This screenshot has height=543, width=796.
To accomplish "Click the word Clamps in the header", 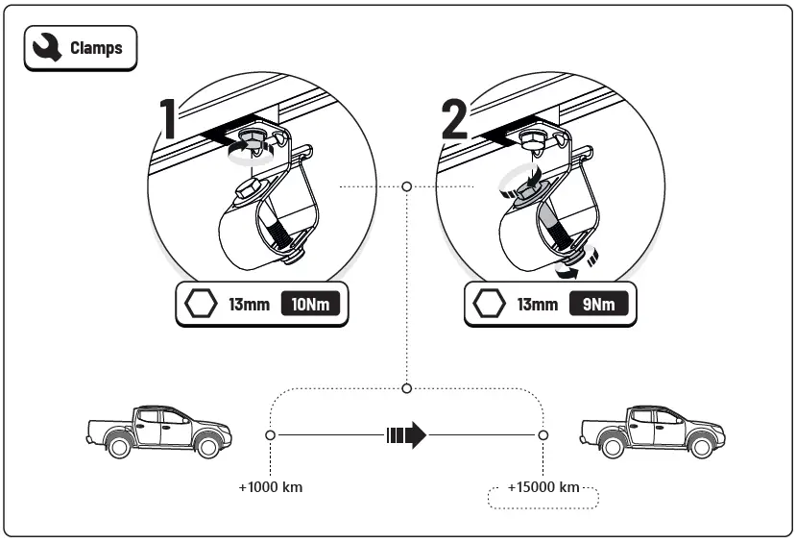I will pos(96,47).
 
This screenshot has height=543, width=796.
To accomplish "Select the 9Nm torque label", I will pos(598,306).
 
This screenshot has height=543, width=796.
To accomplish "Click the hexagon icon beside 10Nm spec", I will pos(202,306).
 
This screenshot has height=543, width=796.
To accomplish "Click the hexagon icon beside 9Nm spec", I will pos(490,306).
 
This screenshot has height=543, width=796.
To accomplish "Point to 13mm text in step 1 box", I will pos(249,306).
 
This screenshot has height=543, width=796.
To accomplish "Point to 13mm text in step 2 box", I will pos(538,306).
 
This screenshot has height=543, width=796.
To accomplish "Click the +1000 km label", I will pos(271,487).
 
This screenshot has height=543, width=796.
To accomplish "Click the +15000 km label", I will pos(543,487).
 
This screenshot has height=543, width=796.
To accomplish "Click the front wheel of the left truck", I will pos(205,446).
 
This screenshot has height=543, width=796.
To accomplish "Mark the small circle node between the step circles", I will pos(407,185).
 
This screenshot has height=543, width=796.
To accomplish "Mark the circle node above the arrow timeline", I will pos(407,388).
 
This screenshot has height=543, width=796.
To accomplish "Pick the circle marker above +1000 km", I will pos(271,435).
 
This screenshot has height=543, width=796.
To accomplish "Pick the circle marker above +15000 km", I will pos(543,435).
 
